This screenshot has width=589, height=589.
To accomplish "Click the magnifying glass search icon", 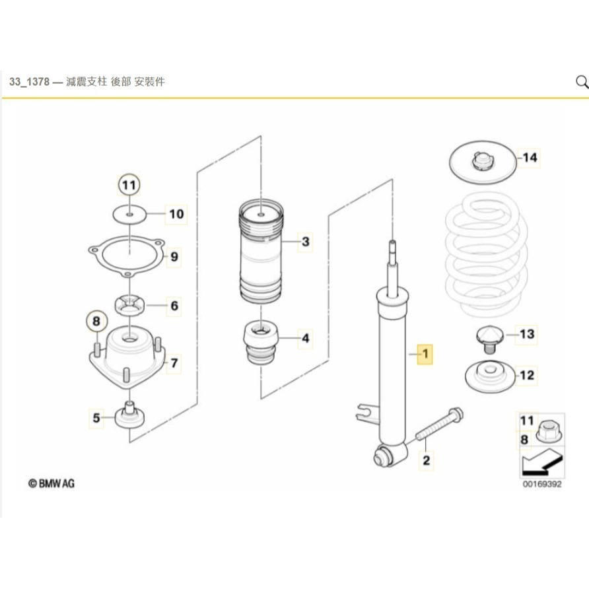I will pos(581,82).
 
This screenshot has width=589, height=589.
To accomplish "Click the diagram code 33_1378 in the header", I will pos(30,83).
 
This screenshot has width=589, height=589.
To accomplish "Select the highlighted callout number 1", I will pos(426,355).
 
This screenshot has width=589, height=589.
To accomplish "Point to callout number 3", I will pos(305,242).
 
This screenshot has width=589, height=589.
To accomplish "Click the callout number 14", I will pos(530,158).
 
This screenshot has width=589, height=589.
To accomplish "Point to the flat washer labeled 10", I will pos(130,214).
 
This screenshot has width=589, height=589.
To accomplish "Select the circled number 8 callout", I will pos(96,322).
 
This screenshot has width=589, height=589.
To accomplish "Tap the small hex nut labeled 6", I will pos(130,306).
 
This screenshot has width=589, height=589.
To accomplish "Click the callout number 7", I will pos(174,363).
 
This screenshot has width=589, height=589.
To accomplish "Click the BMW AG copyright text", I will pos(52,484).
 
